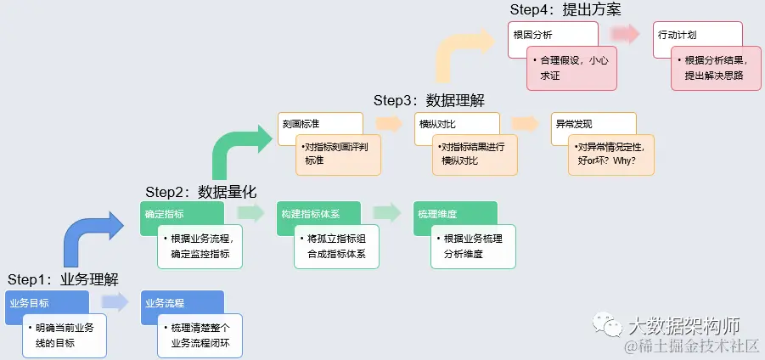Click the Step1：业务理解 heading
point(63,279)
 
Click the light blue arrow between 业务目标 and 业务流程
point(115,301)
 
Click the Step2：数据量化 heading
point(200,191)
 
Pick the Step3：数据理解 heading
point(429,100)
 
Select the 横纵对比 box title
point(435,124)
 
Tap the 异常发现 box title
point(571,124)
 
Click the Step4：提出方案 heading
point(565,10)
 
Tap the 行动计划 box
point(678,35)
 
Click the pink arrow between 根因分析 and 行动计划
point(626,34)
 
